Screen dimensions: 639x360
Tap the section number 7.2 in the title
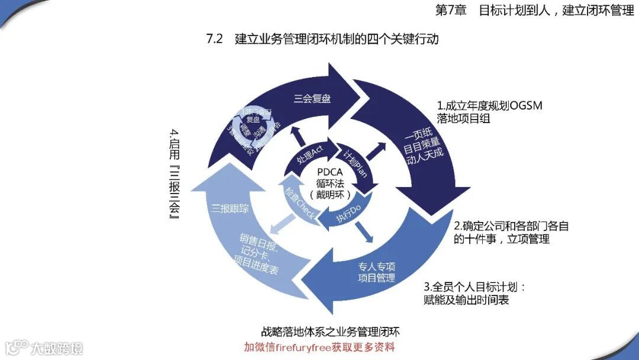(x=214, y=40)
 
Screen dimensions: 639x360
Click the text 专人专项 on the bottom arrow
(x=377, y=266)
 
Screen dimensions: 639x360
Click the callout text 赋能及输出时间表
(x=467, y=300)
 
